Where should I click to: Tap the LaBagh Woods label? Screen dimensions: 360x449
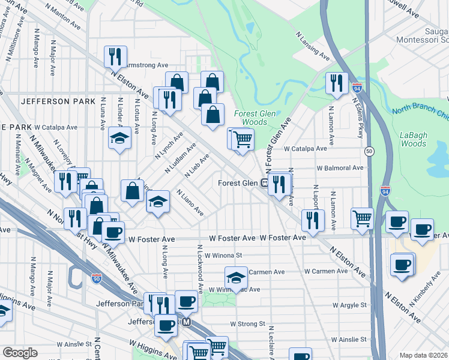[x=413, y=139]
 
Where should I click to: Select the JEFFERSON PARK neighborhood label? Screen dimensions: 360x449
[x=58, y=101]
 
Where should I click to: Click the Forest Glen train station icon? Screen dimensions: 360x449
[x=264, y=183]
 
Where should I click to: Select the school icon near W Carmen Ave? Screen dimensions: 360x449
[x=236, y=278]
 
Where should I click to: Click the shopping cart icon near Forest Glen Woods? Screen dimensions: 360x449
[x=243, y=139]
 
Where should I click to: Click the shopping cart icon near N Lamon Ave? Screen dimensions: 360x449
[x=362, y=218]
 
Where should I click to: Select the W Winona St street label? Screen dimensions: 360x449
[x=223, y=254]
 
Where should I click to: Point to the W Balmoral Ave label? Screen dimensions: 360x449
[x=340, y=168]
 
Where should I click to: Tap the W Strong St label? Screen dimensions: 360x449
[x=247, y=324]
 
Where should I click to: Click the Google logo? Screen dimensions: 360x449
[x=20, y=353]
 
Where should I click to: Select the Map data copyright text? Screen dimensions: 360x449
[x=423, y=355]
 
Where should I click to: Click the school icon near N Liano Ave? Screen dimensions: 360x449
[x=158, y=201]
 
